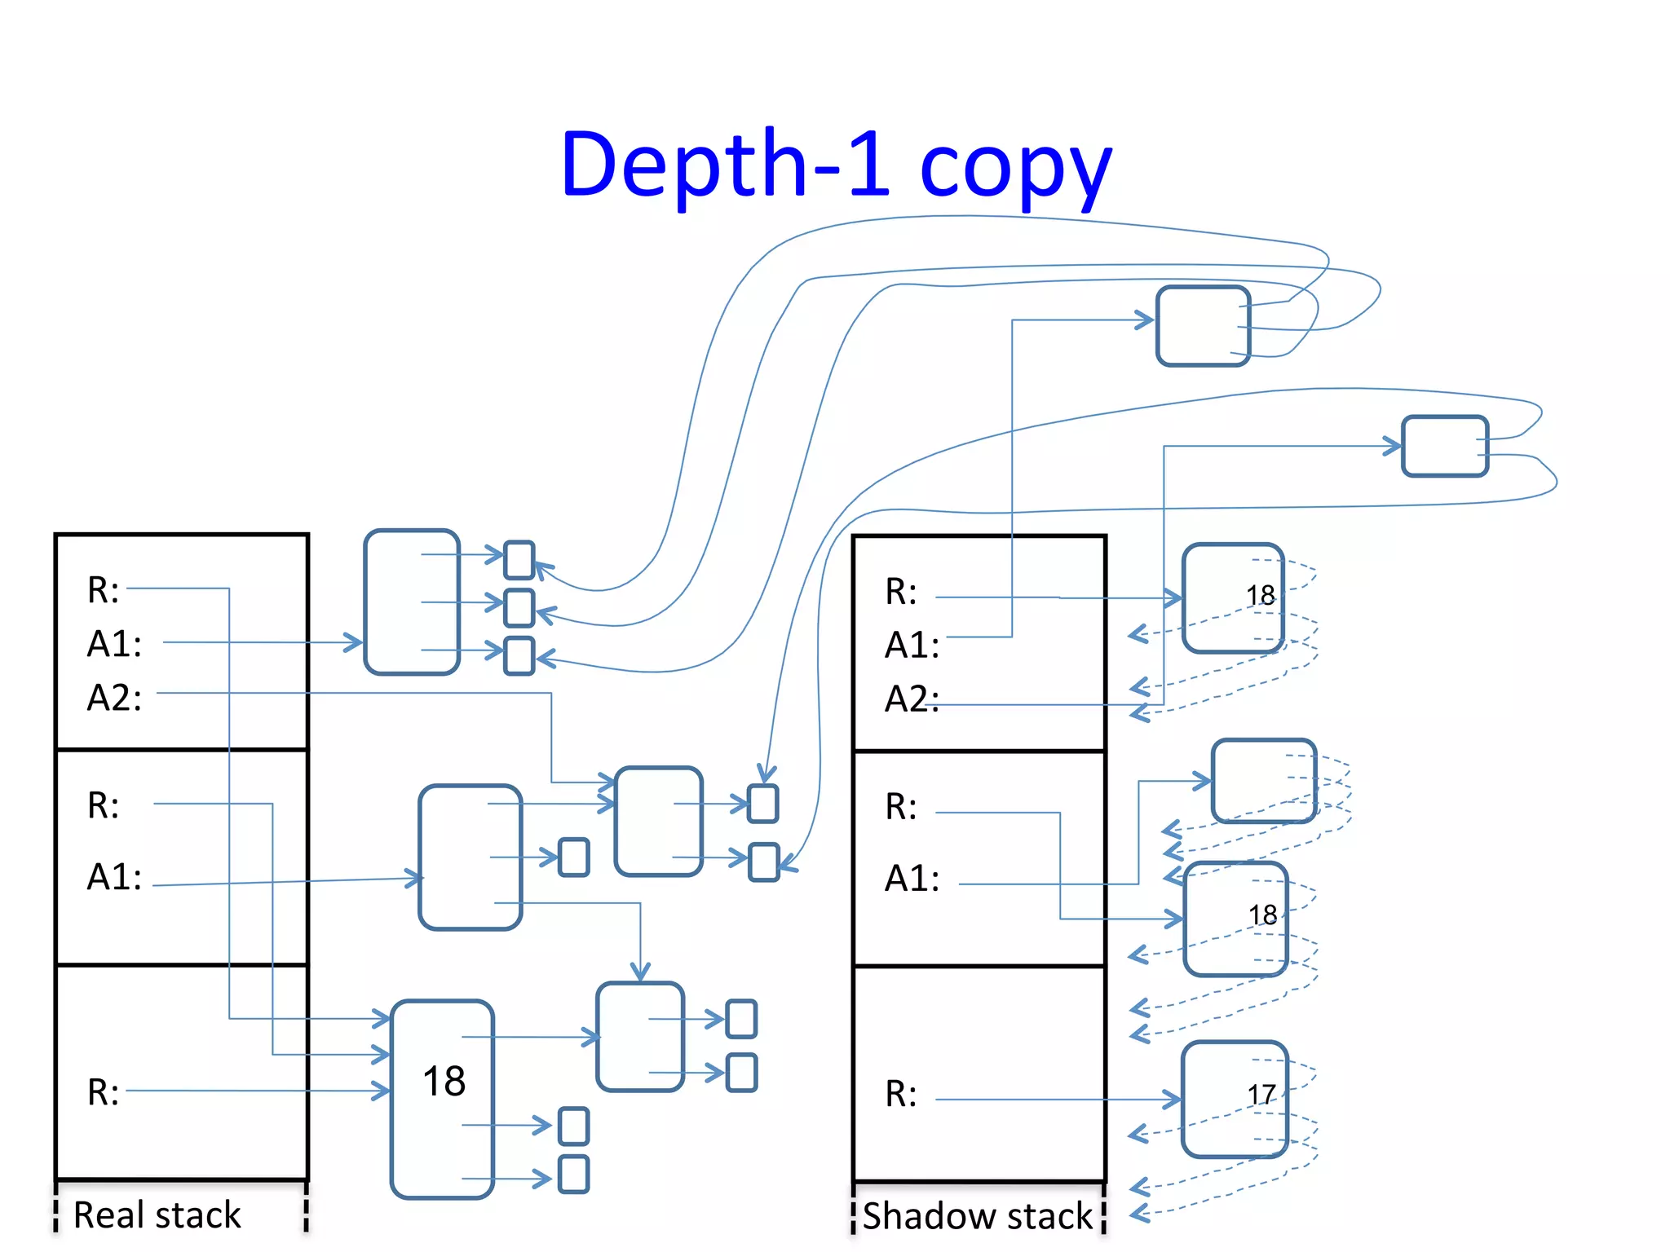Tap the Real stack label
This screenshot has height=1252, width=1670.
click(x=157, y=1215)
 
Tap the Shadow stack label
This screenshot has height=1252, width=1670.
click(x=977, y=1215)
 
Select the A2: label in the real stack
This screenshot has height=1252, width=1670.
click(x=114, y=698)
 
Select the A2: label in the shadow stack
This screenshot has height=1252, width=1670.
click(x=912, y=699)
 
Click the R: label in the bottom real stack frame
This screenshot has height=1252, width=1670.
click(x=103, y=1092)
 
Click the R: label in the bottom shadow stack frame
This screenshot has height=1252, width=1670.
click(x=901, y=1094)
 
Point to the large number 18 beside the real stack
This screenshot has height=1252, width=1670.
click(x=444, y=1082)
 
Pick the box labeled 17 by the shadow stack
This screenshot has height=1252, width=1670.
click(x=1234, y=1099)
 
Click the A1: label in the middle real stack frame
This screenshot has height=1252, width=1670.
click(x=114, y=877)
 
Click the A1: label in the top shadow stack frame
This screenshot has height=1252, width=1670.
click(x=912, y=646)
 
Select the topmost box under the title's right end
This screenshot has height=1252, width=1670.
click(x=1203, y=326)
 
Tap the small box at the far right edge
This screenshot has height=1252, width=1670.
click(x=1444, y=446)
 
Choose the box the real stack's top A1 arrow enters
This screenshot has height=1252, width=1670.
click(x=412, y=602)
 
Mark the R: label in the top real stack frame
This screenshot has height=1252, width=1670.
click(x=103, y=590)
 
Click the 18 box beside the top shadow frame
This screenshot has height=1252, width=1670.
click(x=1233, y=598)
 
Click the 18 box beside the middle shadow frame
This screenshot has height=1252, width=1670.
click(x=1235, y=919)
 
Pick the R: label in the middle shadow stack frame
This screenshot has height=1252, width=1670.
click(x=901, y=807)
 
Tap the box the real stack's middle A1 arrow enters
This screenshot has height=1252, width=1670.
click(x=470, y=857)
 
